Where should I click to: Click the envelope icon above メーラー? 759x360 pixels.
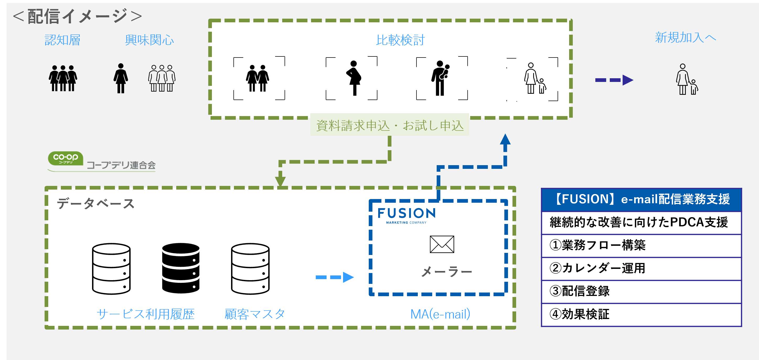click(442, 244)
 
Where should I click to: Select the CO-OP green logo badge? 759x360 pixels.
click(65, 158)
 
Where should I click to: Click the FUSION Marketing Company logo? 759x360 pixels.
click(406, 216)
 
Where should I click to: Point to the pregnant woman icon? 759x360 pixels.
click(354, 78)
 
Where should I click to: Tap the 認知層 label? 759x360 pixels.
click(62, 40)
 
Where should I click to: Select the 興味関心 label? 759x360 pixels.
click(149, 40)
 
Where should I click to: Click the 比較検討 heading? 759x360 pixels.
click(400, 40)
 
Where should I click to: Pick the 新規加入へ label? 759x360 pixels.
click(685, 38)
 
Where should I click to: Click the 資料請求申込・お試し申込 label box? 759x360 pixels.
click(389, 125)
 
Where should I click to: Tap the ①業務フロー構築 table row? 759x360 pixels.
click(642, 245)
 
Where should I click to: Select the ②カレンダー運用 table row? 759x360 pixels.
click(642, 268)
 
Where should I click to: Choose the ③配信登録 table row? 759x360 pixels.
click(642, 291)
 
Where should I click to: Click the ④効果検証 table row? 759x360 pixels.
click(642, 314)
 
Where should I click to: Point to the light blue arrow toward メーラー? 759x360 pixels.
click(334, 277)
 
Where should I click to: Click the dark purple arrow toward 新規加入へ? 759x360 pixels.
click(614, 80)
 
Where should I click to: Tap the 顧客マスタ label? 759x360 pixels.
click(255, 314)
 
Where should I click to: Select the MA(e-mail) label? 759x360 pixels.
click(440, 314)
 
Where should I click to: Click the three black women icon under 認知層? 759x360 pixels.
click(63, 78)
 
